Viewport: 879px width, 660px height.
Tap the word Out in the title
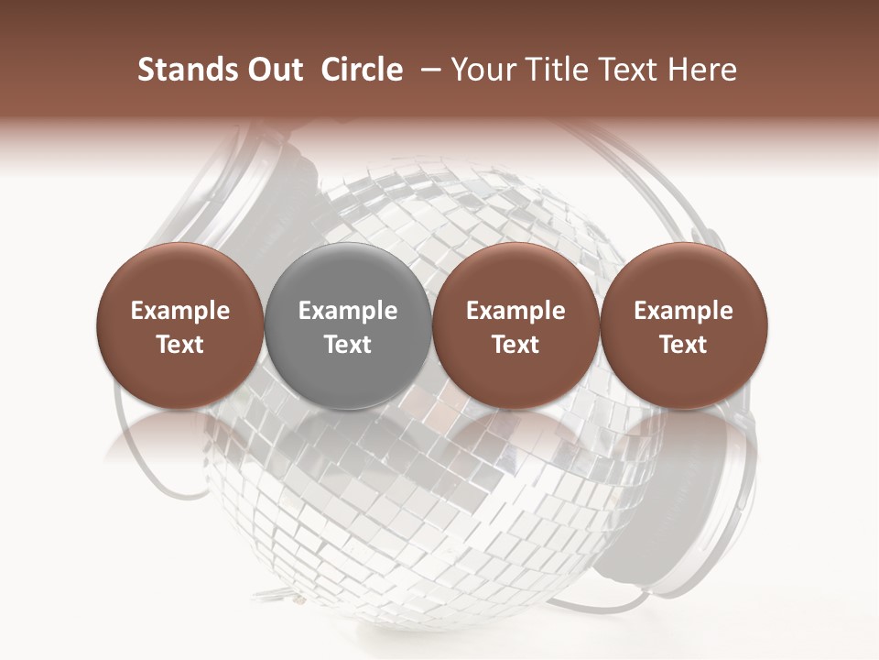[275, 70]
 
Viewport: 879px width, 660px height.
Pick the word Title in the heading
[551, 70]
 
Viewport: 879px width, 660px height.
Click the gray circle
[347, 325]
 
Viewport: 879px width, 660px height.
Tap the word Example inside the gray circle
[348, 312]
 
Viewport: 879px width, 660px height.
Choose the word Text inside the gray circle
[348, 345]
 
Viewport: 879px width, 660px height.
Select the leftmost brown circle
[179, 325]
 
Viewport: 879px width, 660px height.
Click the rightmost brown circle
[683, 325]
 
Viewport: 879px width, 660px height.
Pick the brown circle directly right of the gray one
[515, 325]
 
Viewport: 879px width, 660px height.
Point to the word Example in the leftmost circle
[180, 312]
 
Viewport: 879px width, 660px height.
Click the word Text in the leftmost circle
[180, 345]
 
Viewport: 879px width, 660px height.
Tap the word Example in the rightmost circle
[683, 312]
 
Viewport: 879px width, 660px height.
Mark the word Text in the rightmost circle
[683, 345]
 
